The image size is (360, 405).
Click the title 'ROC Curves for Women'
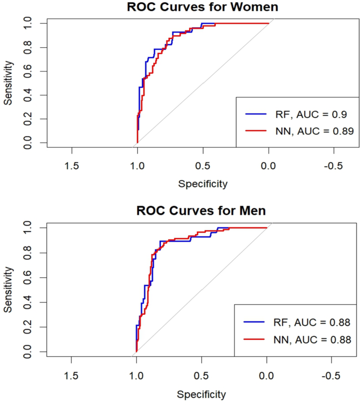coord(203,7)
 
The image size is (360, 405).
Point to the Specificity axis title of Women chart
coord(203,184)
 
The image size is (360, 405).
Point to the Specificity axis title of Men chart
coord(202,394)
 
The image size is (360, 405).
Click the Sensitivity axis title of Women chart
coord(8,82)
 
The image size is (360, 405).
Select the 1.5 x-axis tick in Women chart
coord(71,167)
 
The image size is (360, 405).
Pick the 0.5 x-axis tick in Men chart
coord(202,375)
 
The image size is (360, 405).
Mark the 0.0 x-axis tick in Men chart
coord(266,375)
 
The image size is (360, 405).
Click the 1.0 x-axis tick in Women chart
coord(137,167)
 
